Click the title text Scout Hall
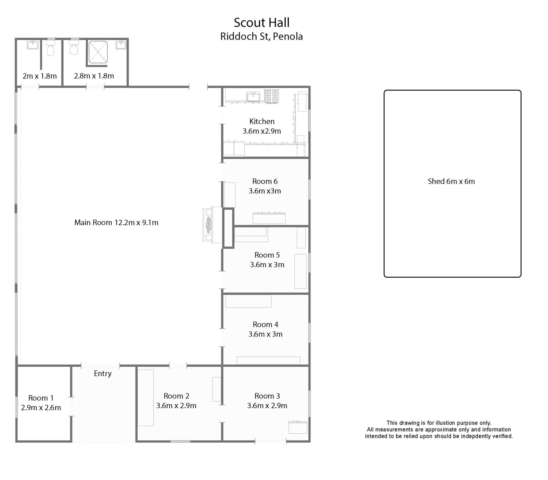point(261,23)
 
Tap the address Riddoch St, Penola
point(261,37)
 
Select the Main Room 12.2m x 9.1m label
point(116,223)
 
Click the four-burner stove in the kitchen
point(271,96)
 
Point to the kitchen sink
point(253,97)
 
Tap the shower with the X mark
point(98,52)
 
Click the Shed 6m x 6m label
point(451,181)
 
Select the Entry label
point(103,374)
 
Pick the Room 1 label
point(41,398)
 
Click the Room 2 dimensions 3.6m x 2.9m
point(176,406)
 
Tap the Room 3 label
point(267,396)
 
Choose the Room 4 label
point(265,324)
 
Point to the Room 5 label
point(267,255)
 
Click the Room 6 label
point(265,181)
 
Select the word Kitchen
point(262,122)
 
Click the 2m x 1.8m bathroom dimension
point(40,76)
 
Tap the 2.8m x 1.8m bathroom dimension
point(94,76)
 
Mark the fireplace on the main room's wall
point(212,225)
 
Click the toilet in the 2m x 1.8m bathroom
point(51,49)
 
